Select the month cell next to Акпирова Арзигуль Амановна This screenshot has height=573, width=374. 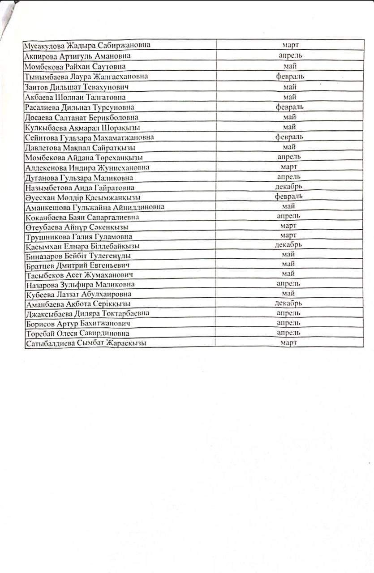[x=290, y=56]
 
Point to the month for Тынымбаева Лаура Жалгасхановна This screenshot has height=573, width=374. [x=290, y=77]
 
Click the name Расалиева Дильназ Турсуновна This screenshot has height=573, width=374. [x=80, y=107]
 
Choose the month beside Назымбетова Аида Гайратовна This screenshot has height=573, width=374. [x=290, y=187]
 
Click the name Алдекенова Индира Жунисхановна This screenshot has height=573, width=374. [x=87, y=167]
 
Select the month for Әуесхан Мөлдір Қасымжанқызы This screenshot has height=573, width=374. [x=289, y=197]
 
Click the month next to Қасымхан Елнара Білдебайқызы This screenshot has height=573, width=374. [x=289, y=245]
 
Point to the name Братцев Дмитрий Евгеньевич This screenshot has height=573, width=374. [x=77, y=265]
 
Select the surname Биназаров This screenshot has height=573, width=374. [x=44, y=256]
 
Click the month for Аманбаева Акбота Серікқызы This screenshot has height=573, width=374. [x=289, y=303]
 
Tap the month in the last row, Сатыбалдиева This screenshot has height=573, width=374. [x=289, y=342]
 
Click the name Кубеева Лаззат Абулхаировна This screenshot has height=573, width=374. [x=79, y=294]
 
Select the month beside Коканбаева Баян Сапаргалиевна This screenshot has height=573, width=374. [x=289, y=216]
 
